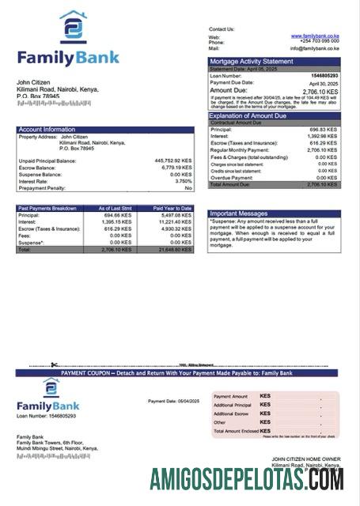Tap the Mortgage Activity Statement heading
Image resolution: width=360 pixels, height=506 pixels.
tap(251, 62)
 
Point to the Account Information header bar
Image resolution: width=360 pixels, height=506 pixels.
tap(104, 129)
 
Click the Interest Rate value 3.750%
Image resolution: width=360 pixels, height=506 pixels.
tap(181, 181)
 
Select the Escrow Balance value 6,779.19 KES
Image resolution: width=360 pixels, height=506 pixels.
tap(176, 168)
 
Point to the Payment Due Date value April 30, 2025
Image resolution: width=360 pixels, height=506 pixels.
tap(323, 82)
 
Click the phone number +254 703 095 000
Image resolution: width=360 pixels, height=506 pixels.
tap(316, 42)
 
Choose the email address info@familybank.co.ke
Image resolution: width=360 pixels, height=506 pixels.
tap(314, 48)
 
